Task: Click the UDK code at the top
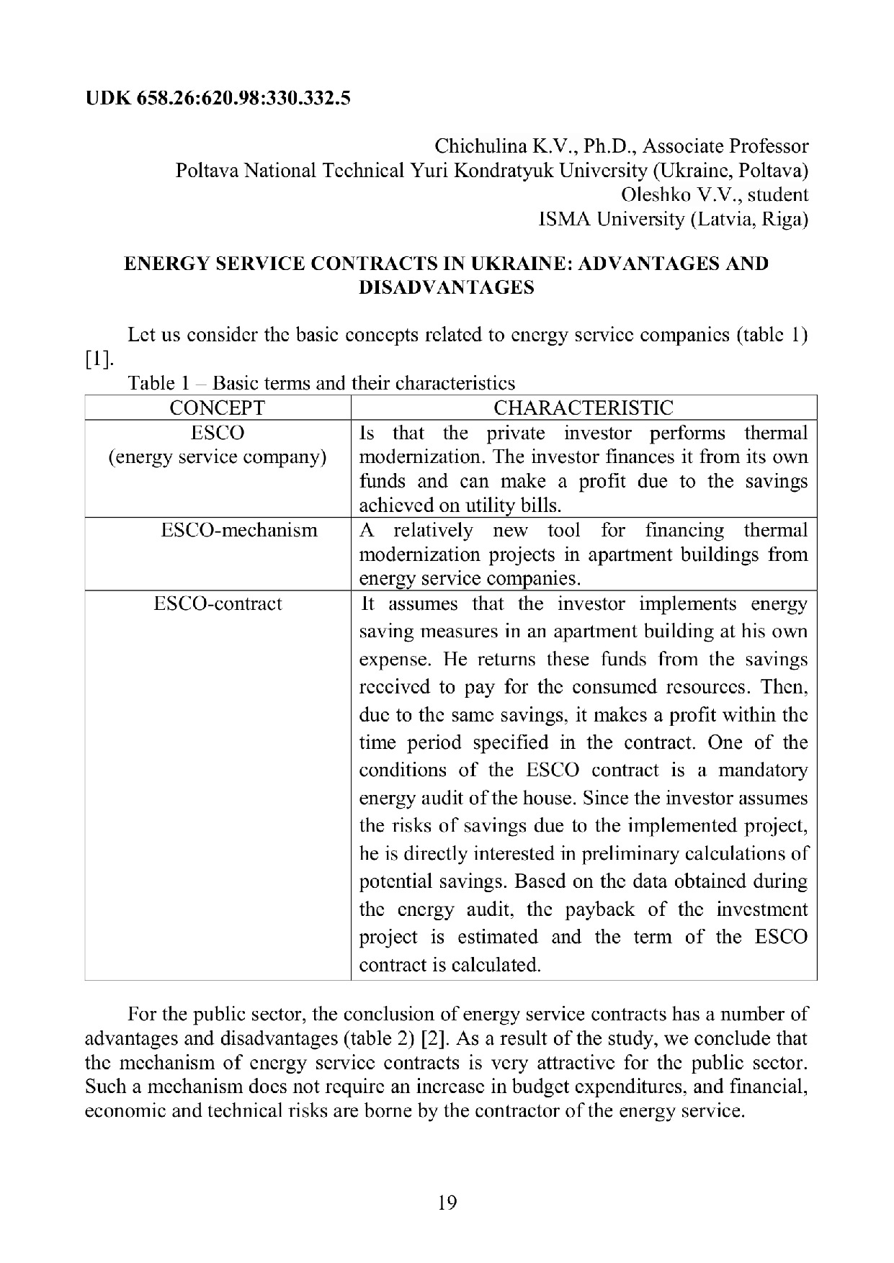click(x=218, y=98)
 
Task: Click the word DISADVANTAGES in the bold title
click(x=447, y=288)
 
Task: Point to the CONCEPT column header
click(x=217, y=408)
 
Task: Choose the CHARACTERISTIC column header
click(x=584, y=408)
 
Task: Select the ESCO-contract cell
click(x=218, y=603)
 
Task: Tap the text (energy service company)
click(x=217, y=457)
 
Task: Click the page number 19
click(x=447, y=1203)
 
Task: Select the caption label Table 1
click(x=151, y=383)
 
